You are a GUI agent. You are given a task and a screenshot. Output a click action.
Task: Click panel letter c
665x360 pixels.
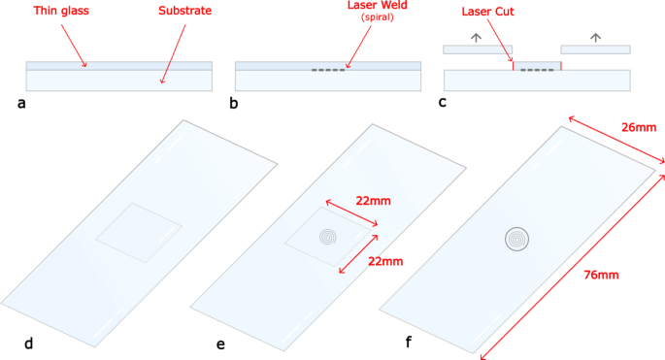pyautogui.click(x=444, y=101)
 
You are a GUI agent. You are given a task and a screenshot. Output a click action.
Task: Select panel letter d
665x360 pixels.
pyautogui.click(x=28, y=342)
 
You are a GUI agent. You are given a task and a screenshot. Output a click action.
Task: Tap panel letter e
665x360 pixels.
pyautogui.click(x=222, y=342)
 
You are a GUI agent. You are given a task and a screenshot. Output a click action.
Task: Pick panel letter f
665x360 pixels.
pyautogui.click(x=408, y=342)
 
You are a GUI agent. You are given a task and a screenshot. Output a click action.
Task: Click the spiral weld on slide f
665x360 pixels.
pyautogui.click(x=519, y=238)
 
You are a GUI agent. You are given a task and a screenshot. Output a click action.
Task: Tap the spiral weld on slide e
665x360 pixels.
pyautogui.click(x=330, y=236)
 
